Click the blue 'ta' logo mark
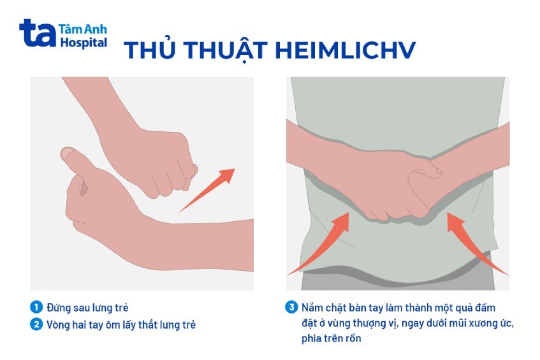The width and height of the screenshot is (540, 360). pos(37,32)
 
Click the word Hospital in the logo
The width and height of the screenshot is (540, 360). pos(84,43)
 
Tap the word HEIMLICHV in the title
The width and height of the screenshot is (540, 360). pos(346,50)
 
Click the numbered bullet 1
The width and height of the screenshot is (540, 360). pos(36,307)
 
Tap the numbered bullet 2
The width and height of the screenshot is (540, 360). pos(36,324)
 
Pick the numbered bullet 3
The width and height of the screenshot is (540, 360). pos(291,307)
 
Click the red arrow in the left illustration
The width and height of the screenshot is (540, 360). pos(207,191)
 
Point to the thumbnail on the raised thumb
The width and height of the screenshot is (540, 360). pos(67,154)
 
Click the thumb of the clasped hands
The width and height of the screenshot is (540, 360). pos(425,172)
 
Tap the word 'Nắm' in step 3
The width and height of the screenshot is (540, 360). pos(312,307)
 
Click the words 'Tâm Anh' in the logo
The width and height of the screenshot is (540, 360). pos(83,29)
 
